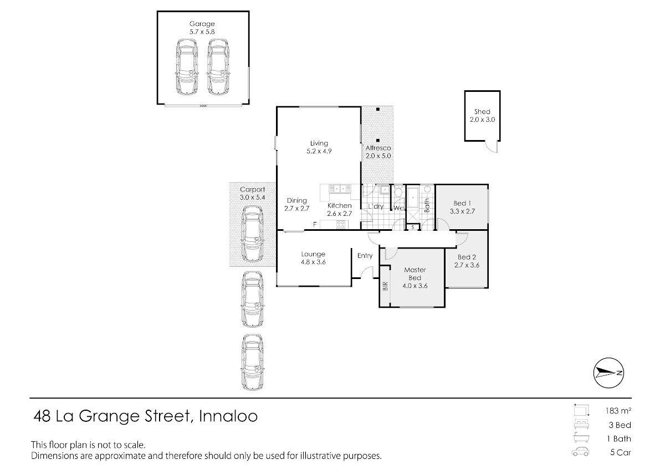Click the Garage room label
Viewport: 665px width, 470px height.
[202, 24]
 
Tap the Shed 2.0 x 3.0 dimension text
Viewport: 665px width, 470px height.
[482, 120]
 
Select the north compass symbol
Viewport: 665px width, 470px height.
[608, 373]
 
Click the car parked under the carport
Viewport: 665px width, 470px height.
[252, 234]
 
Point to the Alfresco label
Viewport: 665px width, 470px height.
[378, 148]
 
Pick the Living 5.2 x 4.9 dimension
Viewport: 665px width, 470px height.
[319, 151]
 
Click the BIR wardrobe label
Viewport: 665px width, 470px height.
[385, 286]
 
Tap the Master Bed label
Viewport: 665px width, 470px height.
[415, 273]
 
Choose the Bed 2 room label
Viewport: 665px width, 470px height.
[467, 257]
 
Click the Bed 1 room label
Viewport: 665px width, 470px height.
[462, 203]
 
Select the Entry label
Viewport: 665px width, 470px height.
[365, 256]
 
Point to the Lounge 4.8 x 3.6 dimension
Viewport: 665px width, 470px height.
[313, 262]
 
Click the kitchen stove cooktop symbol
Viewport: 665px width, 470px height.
[340, 224]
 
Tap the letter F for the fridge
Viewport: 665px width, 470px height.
[315, 224]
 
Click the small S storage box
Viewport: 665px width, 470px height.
[413, 227]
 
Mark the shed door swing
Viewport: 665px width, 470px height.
[492, 147]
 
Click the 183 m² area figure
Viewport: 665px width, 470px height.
[618, 411]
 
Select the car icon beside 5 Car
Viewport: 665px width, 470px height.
[580, 452]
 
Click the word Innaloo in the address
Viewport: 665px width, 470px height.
[228, 416]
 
